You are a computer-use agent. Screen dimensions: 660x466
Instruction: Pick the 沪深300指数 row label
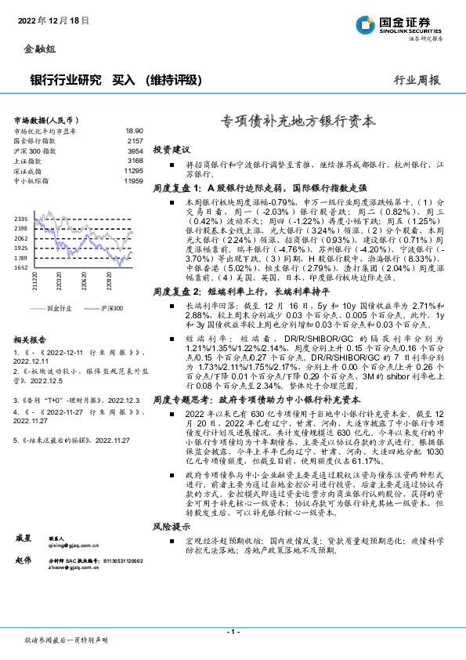[35, 150]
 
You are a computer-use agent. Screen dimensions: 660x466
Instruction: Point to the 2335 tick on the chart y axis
[21, 219]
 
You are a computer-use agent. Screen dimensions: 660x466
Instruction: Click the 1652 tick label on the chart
[21, 267]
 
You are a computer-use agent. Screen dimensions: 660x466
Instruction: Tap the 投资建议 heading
[171, 149]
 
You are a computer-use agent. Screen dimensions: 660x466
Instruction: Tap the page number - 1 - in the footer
[233, 631]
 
